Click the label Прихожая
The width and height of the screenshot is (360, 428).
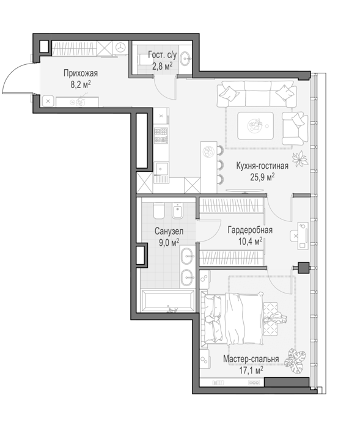81,73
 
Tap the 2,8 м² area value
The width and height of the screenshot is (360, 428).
163,66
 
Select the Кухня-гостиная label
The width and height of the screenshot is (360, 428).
262,166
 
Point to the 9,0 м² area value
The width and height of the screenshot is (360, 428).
169,242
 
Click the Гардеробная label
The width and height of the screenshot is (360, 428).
250,230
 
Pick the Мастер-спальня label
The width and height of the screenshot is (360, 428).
251,359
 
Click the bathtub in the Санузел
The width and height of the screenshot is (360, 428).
167,301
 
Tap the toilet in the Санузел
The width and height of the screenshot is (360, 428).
159,210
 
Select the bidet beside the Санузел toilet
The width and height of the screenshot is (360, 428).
178,211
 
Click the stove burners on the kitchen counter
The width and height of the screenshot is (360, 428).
161,136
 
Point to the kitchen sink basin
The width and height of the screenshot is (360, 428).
161,169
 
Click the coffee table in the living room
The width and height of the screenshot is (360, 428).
255,125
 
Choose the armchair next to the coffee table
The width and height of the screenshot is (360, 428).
295,128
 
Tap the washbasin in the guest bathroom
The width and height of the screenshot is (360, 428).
186,58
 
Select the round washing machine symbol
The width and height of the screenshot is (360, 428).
120,48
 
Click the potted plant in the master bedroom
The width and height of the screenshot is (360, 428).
295,361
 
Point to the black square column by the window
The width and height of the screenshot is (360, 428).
303,268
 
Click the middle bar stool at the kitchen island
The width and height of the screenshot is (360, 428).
220,164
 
